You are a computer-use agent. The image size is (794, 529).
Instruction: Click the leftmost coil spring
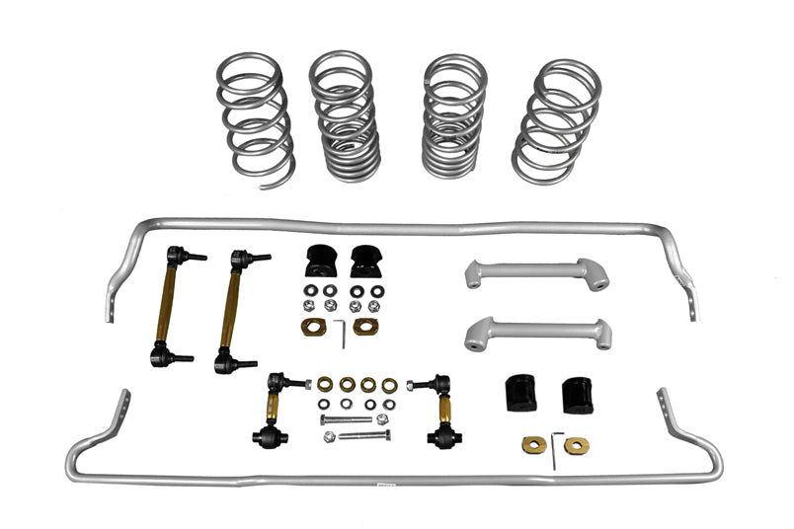coord(253,116)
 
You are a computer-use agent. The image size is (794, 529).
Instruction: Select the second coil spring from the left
coord(345,116)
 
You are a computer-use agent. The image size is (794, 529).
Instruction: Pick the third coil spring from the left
coord(453,116)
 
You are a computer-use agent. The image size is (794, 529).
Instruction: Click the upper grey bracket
coord(535,273)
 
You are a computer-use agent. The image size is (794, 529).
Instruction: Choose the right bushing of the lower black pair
coord(577,395)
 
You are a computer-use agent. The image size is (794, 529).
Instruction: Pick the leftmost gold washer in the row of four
coord(325,384)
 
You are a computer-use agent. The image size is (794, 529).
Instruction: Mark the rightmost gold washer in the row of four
coord(390,385)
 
